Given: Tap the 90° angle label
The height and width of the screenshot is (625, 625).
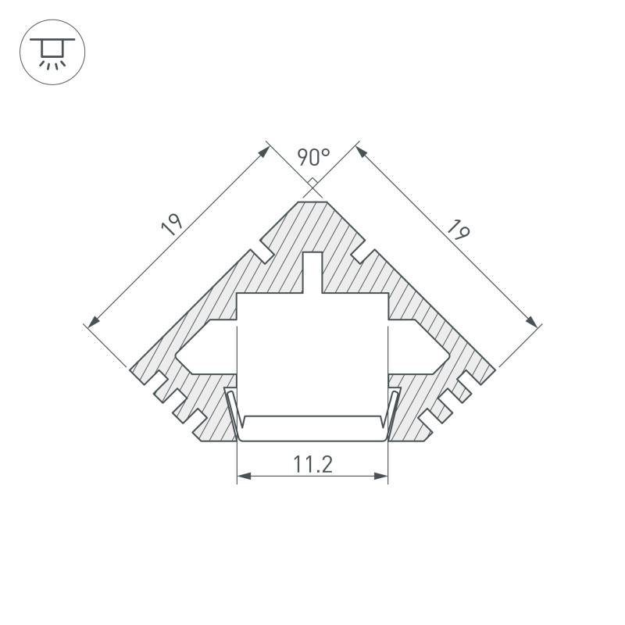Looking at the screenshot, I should (x=312, y=158).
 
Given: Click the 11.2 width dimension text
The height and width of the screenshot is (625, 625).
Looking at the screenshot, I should (x=313, y=465).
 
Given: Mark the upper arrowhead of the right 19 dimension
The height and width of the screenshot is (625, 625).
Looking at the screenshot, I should (x=361, y=152).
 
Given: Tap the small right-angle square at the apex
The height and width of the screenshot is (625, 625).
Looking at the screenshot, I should (x=312, y=186).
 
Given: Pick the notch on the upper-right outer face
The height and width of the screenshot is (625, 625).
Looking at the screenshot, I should (x=362, y=252).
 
